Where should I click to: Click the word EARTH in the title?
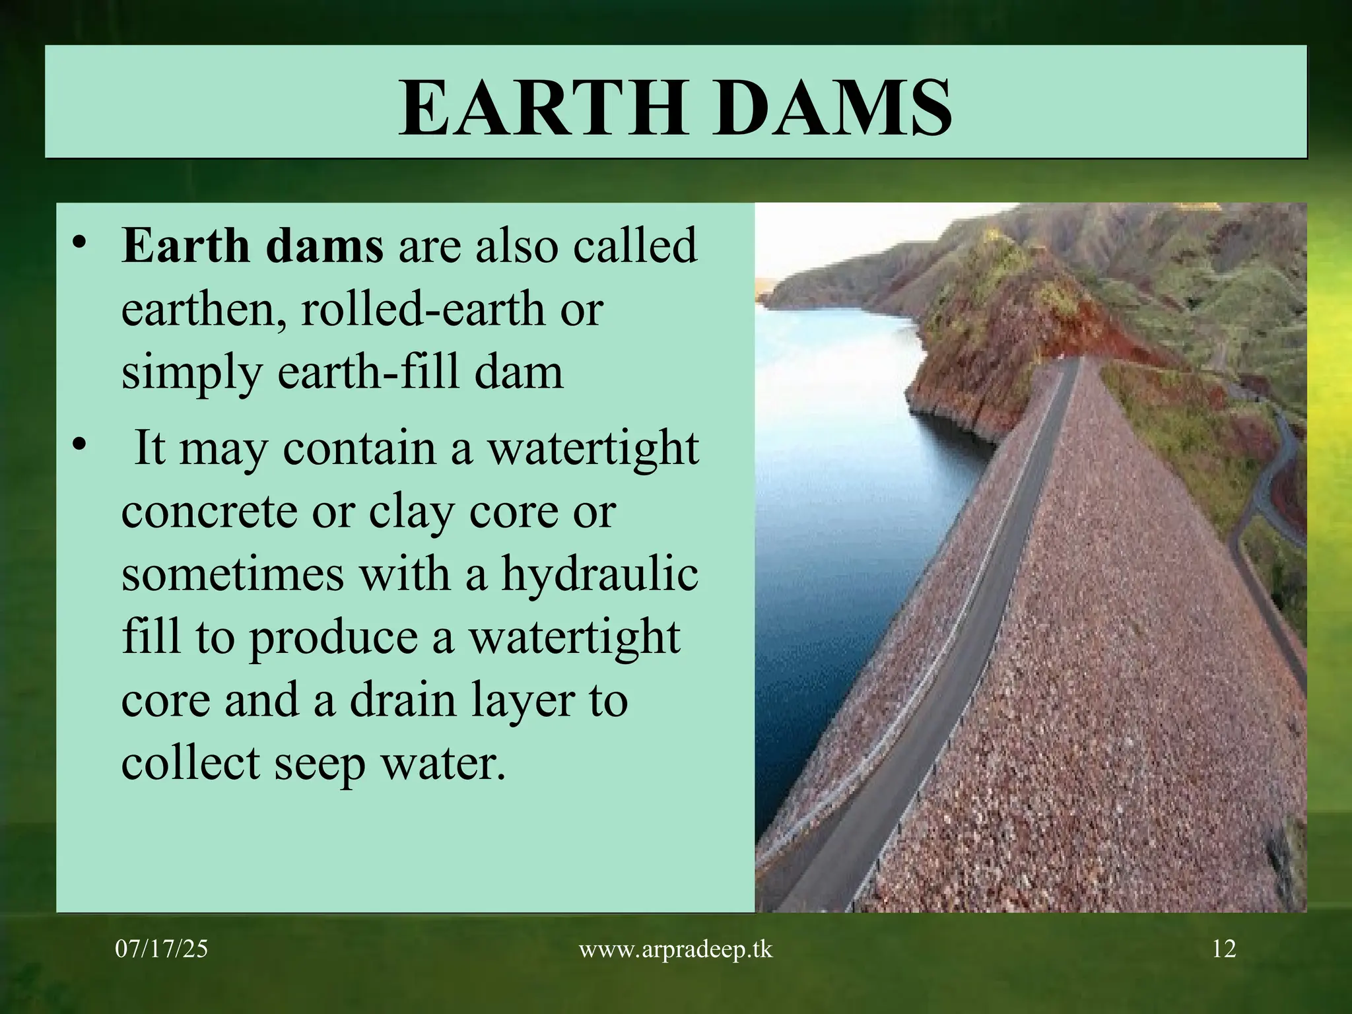pyautogui.click(x=542, y=108)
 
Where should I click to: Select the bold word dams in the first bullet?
pyautogui.click(x=324, y=246)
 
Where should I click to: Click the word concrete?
pyautogui.click(x=209, y=511)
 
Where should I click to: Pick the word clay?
pyautogui.click(x=411, y=511)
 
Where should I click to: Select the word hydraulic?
pyautogui.click(x=599, y=573)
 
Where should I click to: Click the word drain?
pyautogui.click(x=403, y=700)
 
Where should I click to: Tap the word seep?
pyautogui.click(x=320, y=764)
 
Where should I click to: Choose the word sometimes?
pyautogui.click(x=232, y=573)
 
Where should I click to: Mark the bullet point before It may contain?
pyautogui.click(x=79, y=447)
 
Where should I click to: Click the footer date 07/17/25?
pyautogui.click(x=162, y=949)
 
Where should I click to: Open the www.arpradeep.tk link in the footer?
pyautogui.click(x=675, y=949)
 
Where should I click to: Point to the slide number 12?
pyautogui.click(x=1224, y=949)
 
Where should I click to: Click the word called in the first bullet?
pyautogui.click(x=634, y=246)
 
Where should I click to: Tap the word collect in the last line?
pyautogui.click(x=190, y=763)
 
